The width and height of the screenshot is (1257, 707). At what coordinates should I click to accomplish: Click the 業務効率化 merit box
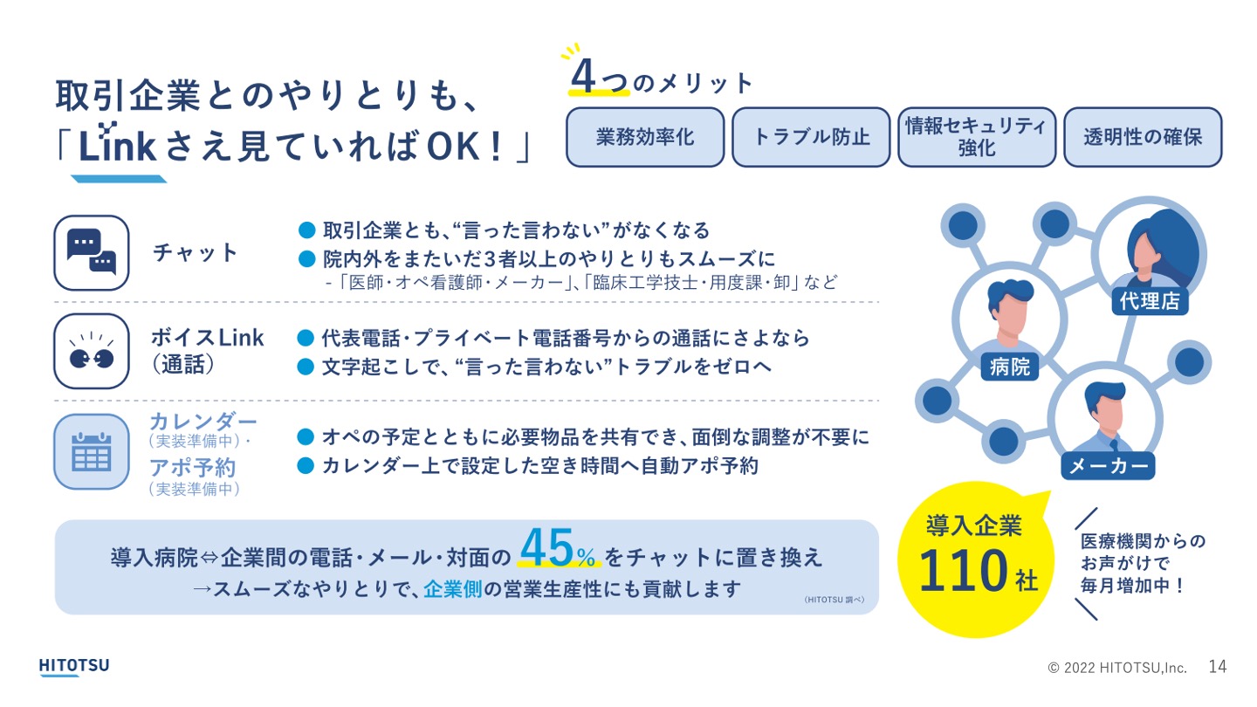645,137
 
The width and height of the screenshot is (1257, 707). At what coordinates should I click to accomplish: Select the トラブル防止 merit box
811,137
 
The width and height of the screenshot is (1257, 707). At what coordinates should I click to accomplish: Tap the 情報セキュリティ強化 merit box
977,137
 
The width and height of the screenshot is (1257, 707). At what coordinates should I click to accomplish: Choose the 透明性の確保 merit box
1144,137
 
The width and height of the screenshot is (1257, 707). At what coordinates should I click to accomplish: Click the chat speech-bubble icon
92,252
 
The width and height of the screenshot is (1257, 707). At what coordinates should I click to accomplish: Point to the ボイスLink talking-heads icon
92,351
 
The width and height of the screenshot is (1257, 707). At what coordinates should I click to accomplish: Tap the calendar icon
92,452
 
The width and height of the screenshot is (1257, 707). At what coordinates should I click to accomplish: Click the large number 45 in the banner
546,547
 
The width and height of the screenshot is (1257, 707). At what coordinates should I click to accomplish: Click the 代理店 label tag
1150,301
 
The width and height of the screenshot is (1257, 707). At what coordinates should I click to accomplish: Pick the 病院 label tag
1009,367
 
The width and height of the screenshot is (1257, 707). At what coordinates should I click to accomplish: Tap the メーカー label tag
1109,466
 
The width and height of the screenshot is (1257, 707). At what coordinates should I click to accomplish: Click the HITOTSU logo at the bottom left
74,667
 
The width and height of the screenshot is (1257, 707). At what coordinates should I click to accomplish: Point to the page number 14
1217,667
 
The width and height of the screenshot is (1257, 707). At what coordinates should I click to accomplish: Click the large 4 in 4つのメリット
583,76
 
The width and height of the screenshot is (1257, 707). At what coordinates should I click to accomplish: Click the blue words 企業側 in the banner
453,589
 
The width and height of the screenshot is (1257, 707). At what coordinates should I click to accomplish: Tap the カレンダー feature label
203,421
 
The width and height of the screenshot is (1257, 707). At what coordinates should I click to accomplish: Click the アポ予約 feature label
192,468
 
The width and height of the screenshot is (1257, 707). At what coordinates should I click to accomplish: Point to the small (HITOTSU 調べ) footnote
835,600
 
